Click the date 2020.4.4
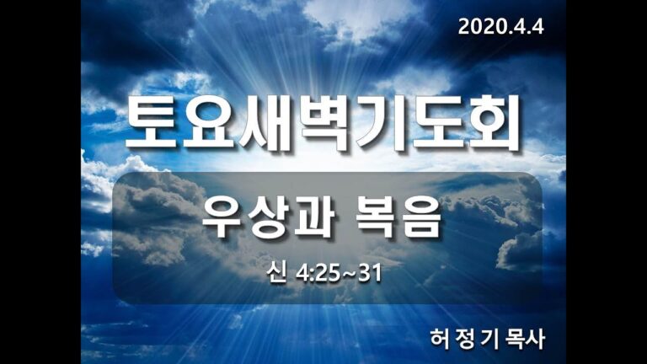[x=501, y=26]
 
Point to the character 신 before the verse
[x=271, y=274]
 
